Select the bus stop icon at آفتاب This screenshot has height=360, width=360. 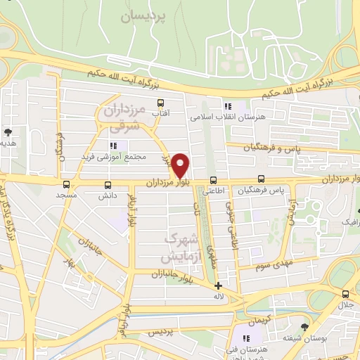click(161, 103)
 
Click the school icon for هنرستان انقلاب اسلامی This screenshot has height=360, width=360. click(228, 106)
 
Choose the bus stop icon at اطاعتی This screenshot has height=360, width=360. click(213, 179)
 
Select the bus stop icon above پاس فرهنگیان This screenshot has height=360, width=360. click(262, 179)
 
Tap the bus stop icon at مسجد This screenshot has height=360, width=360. click(66, 185)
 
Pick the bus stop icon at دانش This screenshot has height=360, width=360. click(107, 185)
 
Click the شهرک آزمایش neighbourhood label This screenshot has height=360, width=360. click(181, 248)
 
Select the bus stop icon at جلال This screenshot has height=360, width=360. click(345, 295)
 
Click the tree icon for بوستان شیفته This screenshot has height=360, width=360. click(304, 327)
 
